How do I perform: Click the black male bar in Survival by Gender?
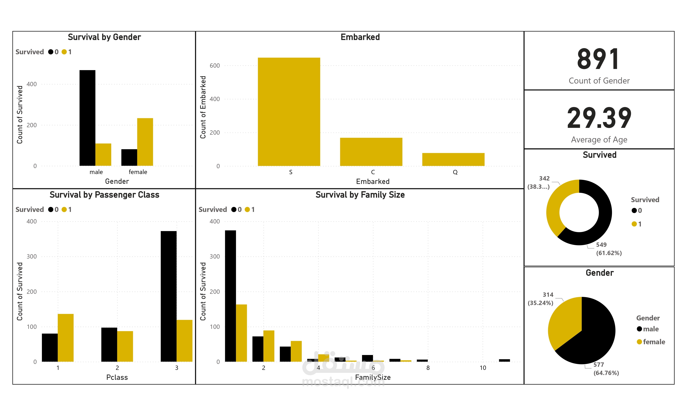[87, 118]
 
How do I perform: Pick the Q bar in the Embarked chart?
[453, 159]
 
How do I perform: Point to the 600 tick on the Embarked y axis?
[215, 66]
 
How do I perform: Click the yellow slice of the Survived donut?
[555, 207]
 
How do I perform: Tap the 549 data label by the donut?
[601, 245]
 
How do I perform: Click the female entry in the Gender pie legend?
[654, 342]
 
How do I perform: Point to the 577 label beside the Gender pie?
[599, 365]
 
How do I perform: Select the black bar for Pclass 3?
[169, 296]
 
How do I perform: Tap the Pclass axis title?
[117, 377]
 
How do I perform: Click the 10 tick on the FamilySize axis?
[483, 368]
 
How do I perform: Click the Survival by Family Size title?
[360, 195]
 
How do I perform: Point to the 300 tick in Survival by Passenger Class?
[32, 256]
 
